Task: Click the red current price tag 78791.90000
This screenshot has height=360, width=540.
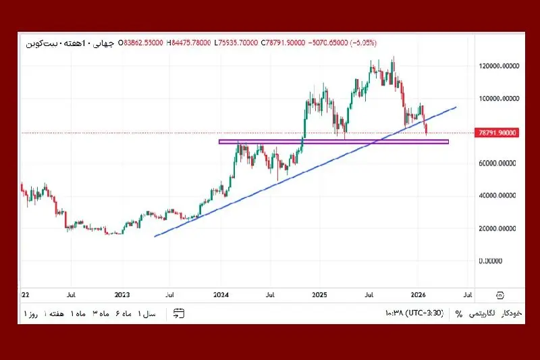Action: point(496,133)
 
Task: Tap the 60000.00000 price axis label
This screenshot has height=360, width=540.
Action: point(493,163)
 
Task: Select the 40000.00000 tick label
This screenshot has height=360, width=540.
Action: point(493,196)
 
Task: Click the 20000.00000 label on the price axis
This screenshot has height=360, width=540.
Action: point(493,229)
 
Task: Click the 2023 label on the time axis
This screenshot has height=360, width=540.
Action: point(122,295)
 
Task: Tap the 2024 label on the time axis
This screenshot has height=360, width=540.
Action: point(221,295)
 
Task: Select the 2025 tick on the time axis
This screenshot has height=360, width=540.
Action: point(320,295)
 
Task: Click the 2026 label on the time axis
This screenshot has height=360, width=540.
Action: point(418,295)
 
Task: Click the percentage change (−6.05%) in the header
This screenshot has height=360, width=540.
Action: point(362,43)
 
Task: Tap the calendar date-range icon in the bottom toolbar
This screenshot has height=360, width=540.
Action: point(179,313)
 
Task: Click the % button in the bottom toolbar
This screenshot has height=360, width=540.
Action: point(459,314)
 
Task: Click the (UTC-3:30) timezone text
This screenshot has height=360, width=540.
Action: point(426,314)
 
